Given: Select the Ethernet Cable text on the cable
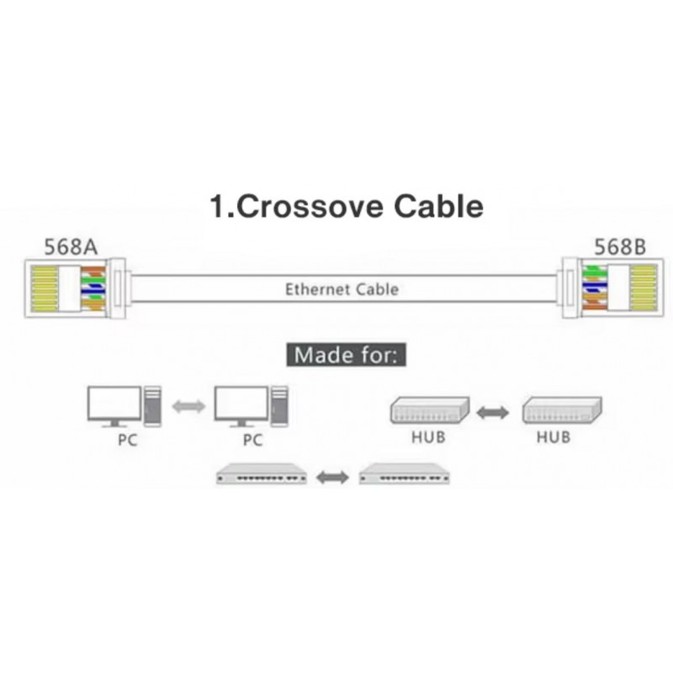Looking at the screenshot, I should [x=342, y=289].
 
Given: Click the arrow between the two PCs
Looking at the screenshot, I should [x=188, y=406].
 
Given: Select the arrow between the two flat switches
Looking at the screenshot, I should [x=332, y=478].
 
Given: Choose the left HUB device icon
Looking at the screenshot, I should [x=429, y=410].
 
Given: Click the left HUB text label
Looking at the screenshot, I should [x=428, y=437].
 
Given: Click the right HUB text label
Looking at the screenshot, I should [x=553, y=437].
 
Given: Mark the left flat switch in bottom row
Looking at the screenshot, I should [x=262, y=475].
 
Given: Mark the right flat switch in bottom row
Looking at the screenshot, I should [x=404, y=475].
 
